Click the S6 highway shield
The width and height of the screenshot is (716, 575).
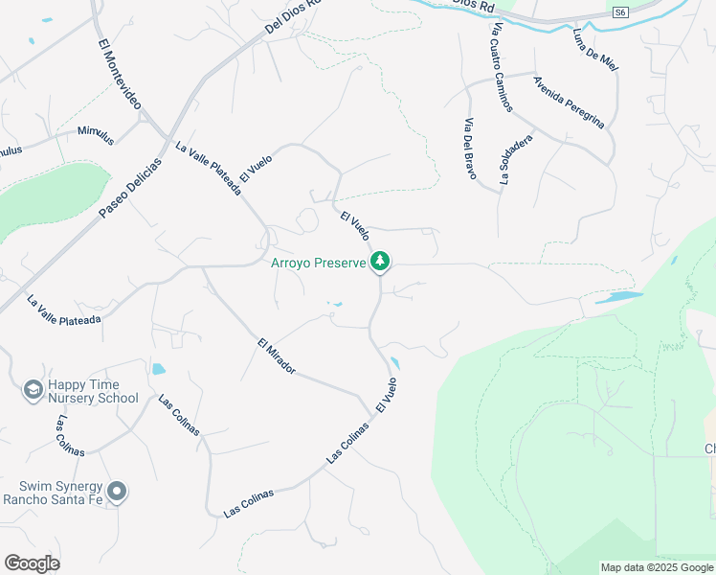tap(620, 11)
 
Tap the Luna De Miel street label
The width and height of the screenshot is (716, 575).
tap(595, 49)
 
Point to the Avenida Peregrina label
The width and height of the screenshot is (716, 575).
tap(570, 102)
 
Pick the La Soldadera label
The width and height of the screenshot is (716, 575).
tap(515, 157)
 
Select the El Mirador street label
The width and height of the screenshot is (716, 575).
tap(276, 356)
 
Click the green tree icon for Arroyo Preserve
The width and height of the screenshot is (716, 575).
tap(381, 261)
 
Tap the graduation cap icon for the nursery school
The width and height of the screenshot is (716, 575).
tap(32, 390)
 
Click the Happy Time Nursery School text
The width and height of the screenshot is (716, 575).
tap(93, 391)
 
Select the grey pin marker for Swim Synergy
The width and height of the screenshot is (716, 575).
tap(118, 492)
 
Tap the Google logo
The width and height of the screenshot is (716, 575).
tap(32, 563)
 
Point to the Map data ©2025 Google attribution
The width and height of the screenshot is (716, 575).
tap(657, 567)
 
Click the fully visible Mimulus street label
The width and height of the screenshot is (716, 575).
tap(96, 135)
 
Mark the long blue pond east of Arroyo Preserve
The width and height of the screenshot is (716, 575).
tap(618, 297)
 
